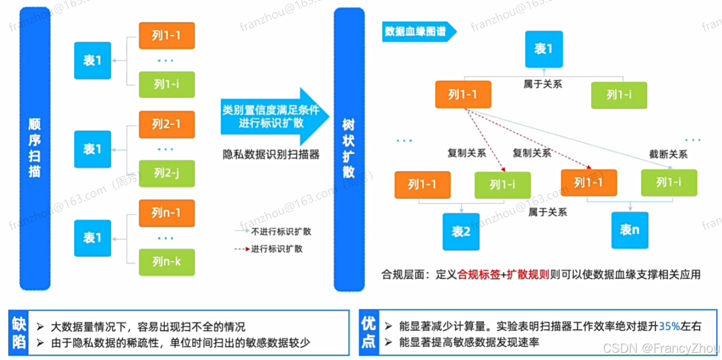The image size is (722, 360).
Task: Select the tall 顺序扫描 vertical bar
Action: click(x=34, y=149)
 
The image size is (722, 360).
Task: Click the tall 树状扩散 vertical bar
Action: click(x=348, y=149)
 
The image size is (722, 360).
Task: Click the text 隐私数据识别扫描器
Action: click(x=271, y=155)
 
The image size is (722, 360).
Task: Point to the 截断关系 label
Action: click(x=668, y=154)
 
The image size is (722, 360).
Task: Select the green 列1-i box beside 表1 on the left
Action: click(x=166, y=85)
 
